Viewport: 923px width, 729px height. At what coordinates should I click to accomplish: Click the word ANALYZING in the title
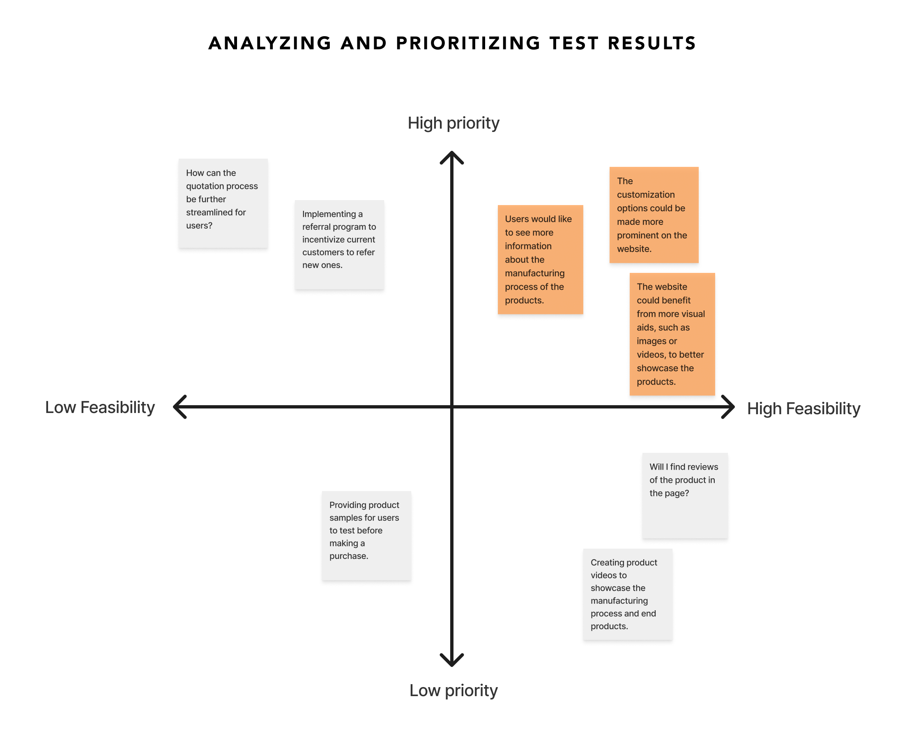[269, 44]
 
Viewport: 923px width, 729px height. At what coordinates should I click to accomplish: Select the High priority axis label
[453, 123]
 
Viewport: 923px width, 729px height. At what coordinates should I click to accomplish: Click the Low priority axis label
[453, 690]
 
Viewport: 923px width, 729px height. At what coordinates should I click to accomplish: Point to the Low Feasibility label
[100, 407]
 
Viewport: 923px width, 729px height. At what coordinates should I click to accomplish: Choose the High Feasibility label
[803, 408]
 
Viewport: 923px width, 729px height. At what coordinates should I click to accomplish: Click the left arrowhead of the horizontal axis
[180, 407]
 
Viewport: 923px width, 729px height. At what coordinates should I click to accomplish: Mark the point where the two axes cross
[452, 407]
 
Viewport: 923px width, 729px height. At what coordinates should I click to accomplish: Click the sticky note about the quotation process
[223, 203]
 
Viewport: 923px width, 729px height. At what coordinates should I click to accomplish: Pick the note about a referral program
[339, 245]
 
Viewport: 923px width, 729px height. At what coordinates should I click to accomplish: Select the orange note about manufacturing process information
[540, 259]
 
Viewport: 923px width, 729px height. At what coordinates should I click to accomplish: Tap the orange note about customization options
[654, 215]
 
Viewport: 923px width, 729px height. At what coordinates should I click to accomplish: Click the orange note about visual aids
[672, 334]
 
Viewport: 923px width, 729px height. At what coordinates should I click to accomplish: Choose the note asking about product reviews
[685, 495]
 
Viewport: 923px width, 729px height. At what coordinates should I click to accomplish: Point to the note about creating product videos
[627, 594]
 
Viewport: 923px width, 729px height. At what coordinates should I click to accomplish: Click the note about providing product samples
[366, 535]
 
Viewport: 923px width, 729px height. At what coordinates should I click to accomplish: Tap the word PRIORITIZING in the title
[468, 44]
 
